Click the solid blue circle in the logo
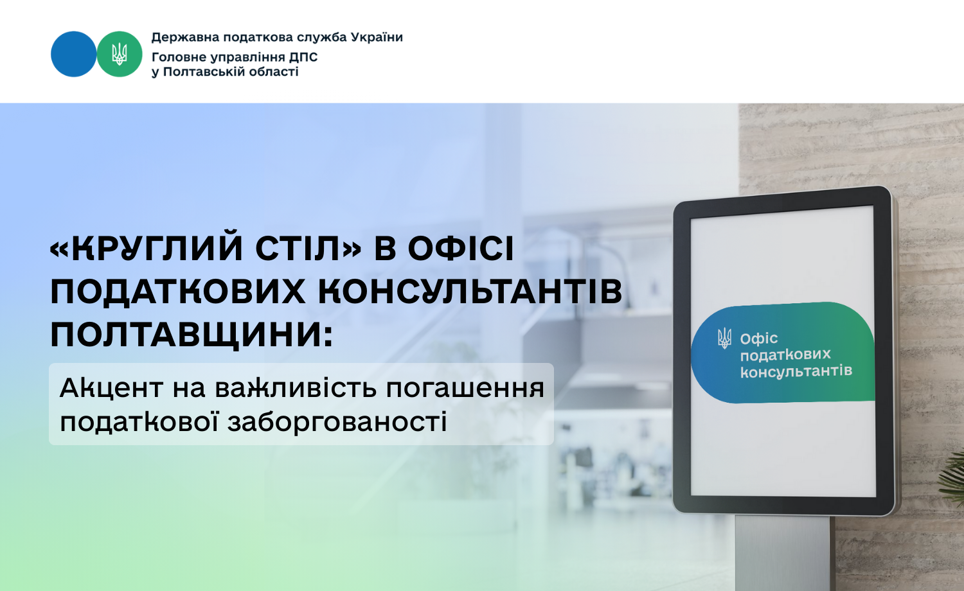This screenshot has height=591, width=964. point(74,54)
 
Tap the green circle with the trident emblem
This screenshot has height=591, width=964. point(119,54)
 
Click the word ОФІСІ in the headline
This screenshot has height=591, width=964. point(461,249)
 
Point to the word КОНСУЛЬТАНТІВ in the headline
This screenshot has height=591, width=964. point(470,292)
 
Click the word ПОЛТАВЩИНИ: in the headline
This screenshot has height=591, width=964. point(192,335)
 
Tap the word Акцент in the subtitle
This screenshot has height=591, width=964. point(111,388)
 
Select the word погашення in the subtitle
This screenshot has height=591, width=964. point(465,389)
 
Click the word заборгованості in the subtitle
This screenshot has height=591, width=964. point(337,422)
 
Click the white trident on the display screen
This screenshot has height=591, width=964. point(725,339)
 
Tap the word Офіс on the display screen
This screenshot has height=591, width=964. point(759,339)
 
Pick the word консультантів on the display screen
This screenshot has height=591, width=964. point(796,372)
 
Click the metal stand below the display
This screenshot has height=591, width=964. point(783,552)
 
